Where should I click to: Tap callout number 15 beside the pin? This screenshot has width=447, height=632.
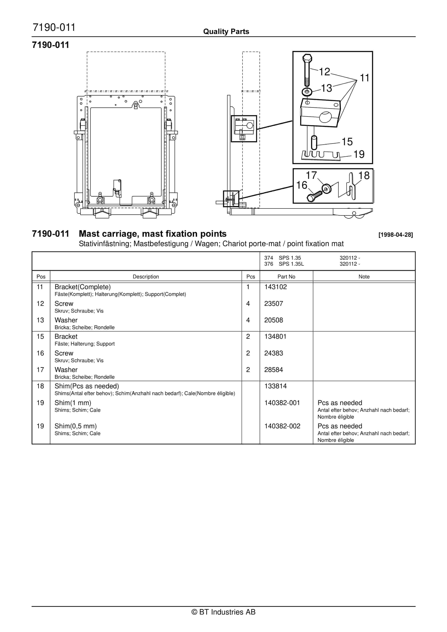[x=347, y=142]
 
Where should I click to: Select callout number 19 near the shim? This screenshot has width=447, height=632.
[x=359, y=154]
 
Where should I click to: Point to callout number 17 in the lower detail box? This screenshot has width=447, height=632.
[x=311, y=175]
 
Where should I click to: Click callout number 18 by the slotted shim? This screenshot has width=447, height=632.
[x=364, y=176]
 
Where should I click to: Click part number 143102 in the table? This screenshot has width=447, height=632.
[x=276, y=287]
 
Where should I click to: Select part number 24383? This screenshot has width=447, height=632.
[x=274, y=353]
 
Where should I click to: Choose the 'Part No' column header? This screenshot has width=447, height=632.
[x=286, y=277]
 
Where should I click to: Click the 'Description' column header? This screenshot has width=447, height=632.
[x=146, y=277]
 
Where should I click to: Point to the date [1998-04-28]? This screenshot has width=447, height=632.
[x=396, y=235]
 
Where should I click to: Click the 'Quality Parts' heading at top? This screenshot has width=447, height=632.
[x=226, y=32]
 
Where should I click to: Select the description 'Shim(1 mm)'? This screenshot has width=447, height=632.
[x=73, y=403]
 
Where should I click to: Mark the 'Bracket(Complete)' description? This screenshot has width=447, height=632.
[x=83, y=287]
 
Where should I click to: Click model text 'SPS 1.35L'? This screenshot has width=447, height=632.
[x=291, y=264]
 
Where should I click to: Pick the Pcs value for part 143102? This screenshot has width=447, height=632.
[x=248, y=287]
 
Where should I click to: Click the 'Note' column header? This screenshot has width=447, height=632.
[x=364, y=277]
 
